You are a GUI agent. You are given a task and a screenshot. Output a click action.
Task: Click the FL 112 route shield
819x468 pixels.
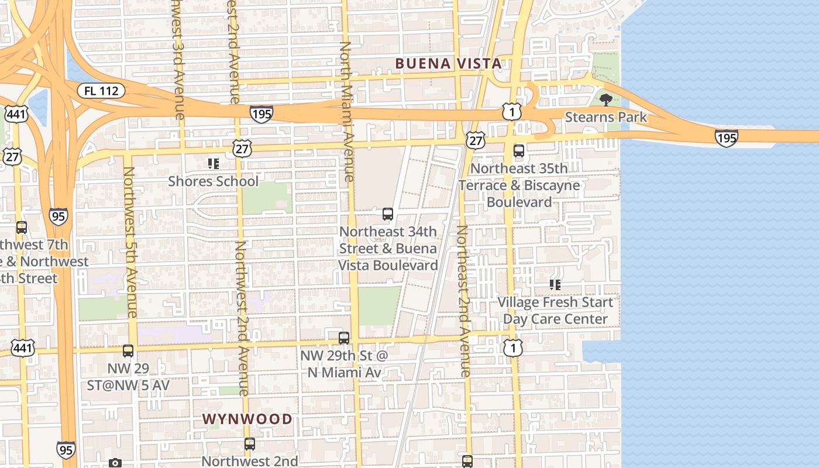101,91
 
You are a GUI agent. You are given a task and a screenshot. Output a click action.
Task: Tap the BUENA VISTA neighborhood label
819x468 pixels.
448,63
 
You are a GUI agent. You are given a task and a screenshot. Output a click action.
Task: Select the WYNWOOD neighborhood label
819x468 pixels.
247,419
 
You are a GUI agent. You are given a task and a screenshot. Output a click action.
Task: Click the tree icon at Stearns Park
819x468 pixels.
606,99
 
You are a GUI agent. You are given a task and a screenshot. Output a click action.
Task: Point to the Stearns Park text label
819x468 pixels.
606,117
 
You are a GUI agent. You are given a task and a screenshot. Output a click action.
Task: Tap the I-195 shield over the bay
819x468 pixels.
726,138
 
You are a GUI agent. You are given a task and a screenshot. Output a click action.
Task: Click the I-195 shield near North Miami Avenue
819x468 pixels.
261,113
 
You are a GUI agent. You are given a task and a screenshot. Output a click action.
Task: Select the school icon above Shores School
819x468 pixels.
213,164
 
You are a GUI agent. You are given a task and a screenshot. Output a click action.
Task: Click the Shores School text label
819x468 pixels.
213,181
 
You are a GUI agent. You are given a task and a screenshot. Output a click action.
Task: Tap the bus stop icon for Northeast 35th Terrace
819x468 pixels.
519,151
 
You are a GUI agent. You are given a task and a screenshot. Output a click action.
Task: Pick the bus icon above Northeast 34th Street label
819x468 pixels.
388,214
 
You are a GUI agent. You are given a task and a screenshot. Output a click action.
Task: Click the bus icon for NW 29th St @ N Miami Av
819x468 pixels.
344,338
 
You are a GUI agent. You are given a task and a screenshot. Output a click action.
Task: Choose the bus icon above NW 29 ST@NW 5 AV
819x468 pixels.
128,351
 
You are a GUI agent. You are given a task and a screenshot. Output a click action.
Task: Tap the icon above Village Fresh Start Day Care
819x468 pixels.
555,285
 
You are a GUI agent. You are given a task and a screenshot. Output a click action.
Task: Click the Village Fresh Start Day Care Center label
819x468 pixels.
555,311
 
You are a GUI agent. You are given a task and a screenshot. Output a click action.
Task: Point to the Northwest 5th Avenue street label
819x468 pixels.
130,242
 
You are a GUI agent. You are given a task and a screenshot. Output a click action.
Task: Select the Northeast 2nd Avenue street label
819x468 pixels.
463,301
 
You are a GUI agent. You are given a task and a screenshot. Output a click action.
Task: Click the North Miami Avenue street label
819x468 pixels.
347,111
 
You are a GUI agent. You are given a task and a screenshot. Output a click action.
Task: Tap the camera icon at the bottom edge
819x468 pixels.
115,463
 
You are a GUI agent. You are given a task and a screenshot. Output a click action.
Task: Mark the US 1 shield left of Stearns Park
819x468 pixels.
511,112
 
